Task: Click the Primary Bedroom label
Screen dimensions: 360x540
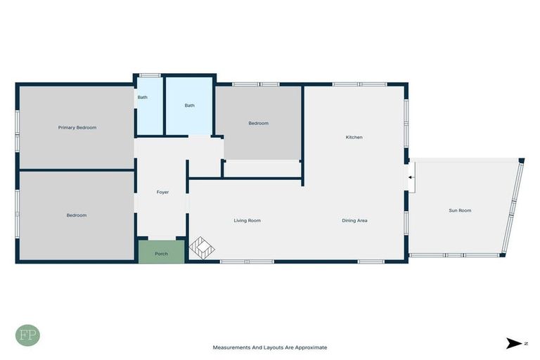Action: (x=77, y=127)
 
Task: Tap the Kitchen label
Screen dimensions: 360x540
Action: (x=354, y=137)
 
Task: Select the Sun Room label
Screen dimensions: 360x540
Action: (x=460, y=210)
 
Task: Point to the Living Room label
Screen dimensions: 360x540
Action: (x=247, y=221)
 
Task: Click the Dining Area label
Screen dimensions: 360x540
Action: (x=354, y=221)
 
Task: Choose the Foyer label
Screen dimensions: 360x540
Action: (x=162, y=192)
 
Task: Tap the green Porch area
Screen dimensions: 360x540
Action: (x=161, y=252)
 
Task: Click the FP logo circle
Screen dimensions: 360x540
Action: (x=27, y=335)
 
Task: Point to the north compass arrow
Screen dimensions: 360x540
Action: (x=513, y=343)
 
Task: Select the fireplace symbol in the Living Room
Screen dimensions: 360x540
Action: (x=202, y=247)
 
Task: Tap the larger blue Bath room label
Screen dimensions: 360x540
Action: (x=189, y=105)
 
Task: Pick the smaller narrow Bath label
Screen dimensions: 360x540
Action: (x=142, y=98)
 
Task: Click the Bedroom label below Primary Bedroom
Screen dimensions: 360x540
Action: (x=77, y=215)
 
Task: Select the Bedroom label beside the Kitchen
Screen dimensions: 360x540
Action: (x=258, y=123)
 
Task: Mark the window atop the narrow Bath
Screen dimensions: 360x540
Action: (x=149, y=75)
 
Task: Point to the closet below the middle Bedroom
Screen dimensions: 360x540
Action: (x=262, y=169)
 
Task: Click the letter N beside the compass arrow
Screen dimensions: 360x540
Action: (x=525, y=343)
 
